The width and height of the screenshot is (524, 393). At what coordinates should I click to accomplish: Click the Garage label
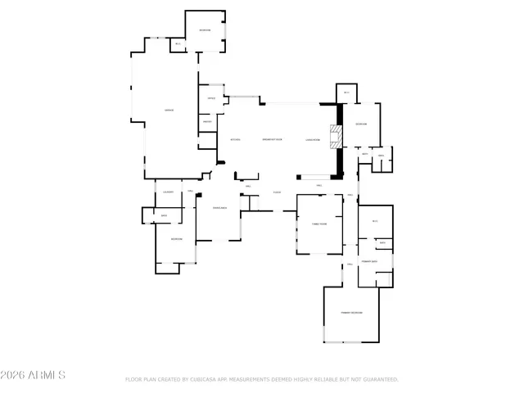pos(169,110)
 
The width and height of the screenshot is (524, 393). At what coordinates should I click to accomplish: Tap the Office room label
pos(210,99)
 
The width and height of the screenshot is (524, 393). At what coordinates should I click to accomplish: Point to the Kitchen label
pos(235,140)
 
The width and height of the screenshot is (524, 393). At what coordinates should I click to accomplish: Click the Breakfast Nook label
pos(272,140)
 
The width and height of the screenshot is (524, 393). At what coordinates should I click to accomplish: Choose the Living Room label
pos(312,140)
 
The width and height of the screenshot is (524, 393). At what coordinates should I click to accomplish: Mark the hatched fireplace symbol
pos(334,136)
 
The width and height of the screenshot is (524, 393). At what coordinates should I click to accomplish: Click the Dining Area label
pos(219,209)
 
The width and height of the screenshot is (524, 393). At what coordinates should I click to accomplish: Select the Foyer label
pos(278,192)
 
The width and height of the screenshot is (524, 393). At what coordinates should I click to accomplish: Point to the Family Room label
pos(318,223)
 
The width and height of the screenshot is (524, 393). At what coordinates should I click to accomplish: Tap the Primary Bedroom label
pos(352,313)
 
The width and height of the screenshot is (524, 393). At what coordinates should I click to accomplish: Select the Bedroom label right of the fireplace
pos(360,124)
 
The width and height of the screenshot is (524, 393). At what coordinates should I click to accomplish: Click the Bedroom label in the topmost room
pos(205,30)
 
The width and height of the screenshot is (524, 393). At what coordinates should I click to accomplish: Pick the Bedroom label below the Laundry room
pos(176,239)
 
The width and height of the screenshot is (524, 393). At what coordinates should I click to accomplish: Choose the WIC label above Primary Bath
pos(375,221)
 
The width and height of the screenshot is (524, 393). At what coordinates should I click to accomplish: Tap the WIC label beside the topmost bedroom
pos(178,44)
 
